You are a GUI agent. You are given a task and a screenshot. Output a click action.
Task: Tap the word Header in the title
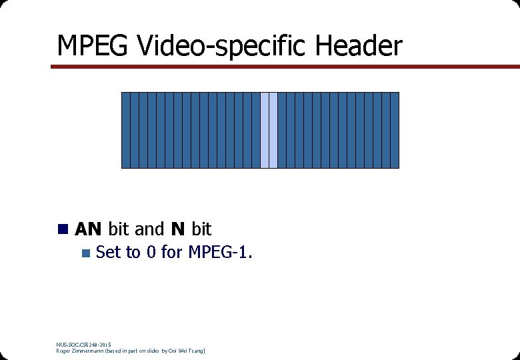click(x=359, y=46)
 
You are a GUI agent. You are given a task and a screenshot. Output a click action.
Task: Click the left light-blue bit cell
click(x=265, y=130)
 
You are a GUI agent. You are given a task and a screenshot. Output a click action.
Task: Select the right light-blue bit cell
click(x=273, y=130)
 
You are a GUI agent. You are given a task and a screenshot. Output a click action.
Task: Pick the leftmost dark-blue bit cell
click(x=125, y=130)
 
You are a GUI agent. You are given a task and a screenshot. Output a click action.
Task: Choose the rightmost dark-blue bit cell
click(x=395, y=130)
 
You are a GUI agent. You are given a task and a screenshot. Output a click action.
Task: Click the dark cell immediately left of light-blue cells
click(x=256, y=130)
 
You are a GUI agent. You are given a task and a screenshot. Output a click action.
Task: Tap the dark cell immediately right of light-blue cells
click(x=282, y=130)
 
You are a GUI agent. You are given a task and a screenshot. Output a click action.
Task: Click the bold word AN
click(x=88, y=229)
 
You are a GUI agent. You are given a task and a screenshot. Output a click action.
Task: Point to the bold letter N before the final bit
click(x=177, y=229)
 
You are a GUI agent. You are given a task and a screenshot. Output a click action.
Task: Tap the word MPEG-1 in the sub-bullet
click(x=219, y=253)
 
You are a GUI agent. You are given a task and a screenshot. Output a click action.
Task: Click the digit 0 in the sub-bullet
click(x=151, y=253)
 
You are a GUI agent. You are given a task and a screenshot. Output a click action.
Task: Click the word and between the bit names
click(x=149, y=229)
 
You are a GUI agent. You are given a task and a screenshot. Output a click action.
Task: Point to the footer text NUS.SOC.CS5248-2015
click(x=84, y=344)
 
